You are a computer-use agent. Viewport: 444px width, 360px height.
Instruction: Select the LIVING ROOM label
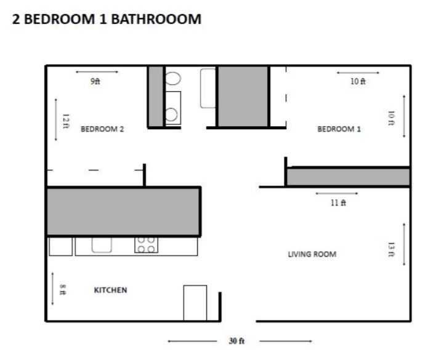(x=312, y=254)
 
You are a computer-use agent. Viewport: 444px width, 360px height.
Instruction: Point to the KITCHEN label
(x=110, y=290)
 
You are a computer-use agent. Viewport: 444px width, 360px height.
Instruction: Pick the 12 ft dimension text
(x=65, y=120)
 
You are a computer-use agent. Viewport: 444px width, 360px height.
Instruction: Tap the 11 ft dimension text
(x=338, y=203)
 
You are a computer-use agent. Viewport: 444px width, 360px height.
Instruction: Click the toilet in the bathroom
(x=172, y=78)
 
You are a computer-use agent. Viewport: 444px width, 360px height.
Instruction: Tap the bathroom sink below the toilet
(x=172, y=113)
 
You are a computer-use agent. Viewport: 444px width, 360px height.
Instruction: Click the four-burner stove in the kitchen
(x=146, y=245)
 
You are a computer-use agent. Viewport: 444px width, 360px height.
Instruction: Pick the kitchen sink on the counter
(x=102, y=244)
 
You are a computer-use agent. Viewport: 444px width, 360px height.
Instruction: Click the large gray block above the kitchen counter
(x=123, y=211)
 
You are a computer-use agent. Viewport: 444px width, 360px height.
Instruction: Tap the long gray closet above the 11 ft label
(x=348, y=177)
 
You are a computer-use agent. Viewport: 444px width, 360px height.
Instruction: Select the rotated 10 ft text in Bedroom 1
(x=391, y=117)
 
